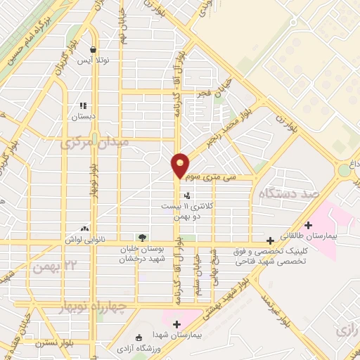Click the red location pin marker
(x=181, y=165)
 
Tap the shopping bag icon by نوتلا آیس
(x=93, y=49)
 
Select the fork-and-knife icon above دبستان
(x=83, y=105)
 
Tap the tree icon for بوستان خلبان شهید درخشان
(x=143, y=238)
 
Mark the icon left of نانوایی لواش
(x=85, y=229)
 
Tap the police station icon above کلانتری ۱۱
(x=186, y=196)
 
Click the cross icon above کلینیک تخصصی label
(x=271, y=240)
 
